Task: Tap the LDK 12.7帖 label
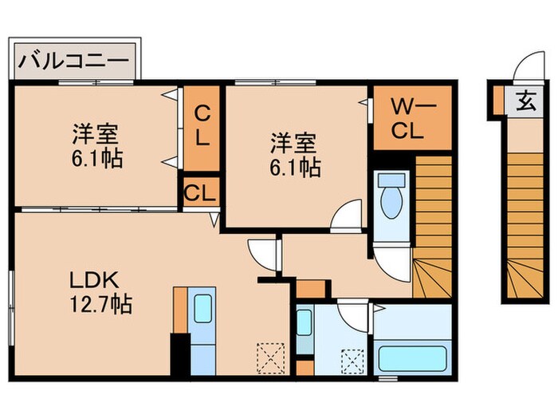pyautogui.click(x=96, y=292)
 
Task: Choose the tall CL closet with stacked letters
pyautogui.click(x=202, y=126)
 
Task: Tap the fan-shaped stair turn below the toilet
pyautogui.click(x=431, y=275)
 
